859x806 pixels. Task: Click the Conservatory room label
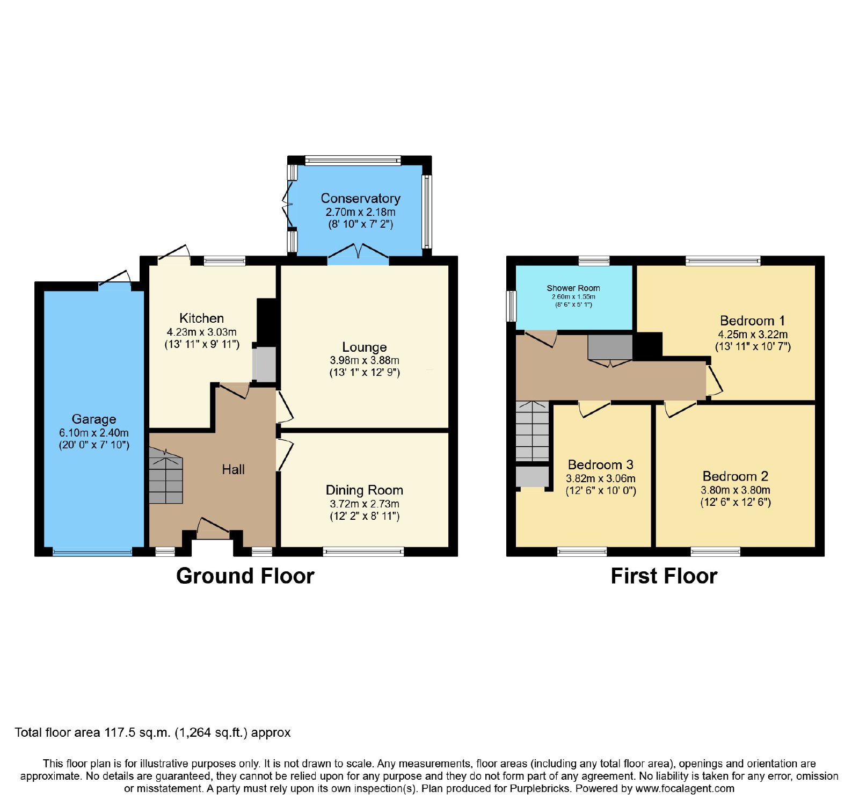click(x=360, y=198)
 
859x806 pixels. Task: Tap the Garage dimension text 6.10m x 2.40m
click(x=94, y=433)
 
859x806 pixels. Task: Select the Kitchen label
click(x=201, y=318)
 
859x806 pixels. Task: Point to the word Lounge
click(x=365, y=347)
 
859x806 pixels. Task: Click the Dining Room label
click(x=365, y=490)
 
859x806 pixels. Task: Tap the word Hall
click(x=233, y=469)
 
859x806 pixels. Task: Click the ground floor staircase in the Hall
click(x=166, y=477)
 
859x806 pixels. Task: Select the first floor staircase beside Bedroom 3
click(x=533, y=431)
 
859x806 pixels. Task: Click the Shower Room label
click(x=573, y=288)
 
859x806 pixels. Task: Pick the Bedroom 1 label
click(x=752, y=321)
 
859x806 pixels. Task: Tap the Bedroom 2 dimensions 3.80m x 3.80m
click(x=736, y=490)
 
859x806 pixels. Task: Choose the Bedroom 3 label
click(x=601, y=464)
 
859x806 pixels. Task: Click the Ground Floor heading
click(x=245, y=576)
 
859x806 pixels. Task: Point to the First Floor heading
click(x=664, y=576)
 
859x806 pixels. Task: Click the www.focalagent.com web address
click(x=685, y=789)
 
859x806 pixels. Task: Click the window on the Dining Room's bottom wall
click(x=363, y=551)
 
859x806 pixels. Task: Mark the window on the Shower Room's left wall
click(x=512, y=306)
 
